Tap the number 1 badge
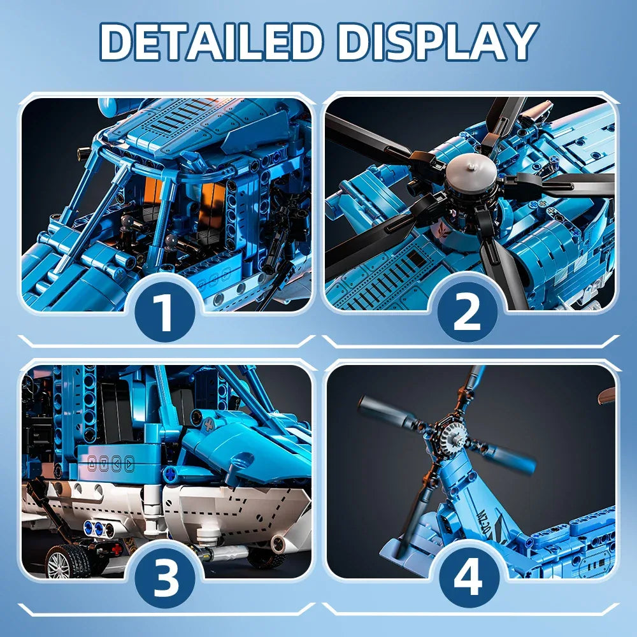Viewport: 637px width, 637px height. [166, 312]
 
